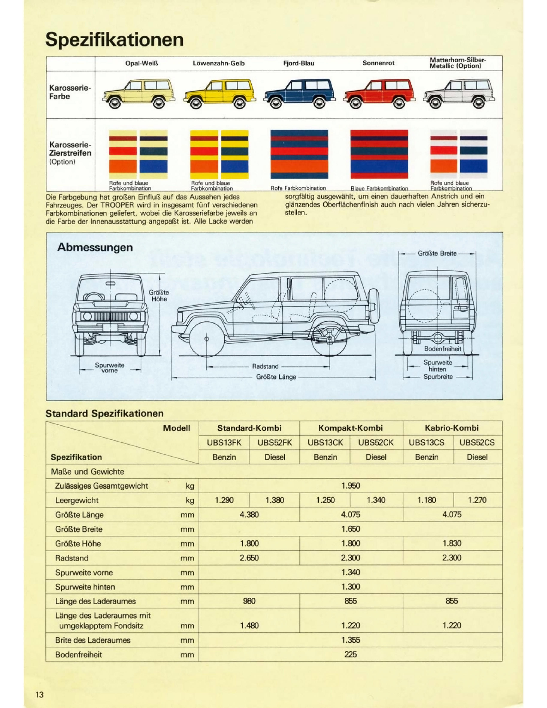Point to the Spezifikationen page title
[114, 39]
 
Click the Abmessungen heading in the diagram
[95, 247]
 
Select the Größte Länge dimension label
[276, 377]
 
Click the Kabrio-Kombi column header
[451, 428]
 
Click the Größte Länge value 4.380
[249, 515]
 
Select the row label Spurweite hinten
[85, 587]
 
